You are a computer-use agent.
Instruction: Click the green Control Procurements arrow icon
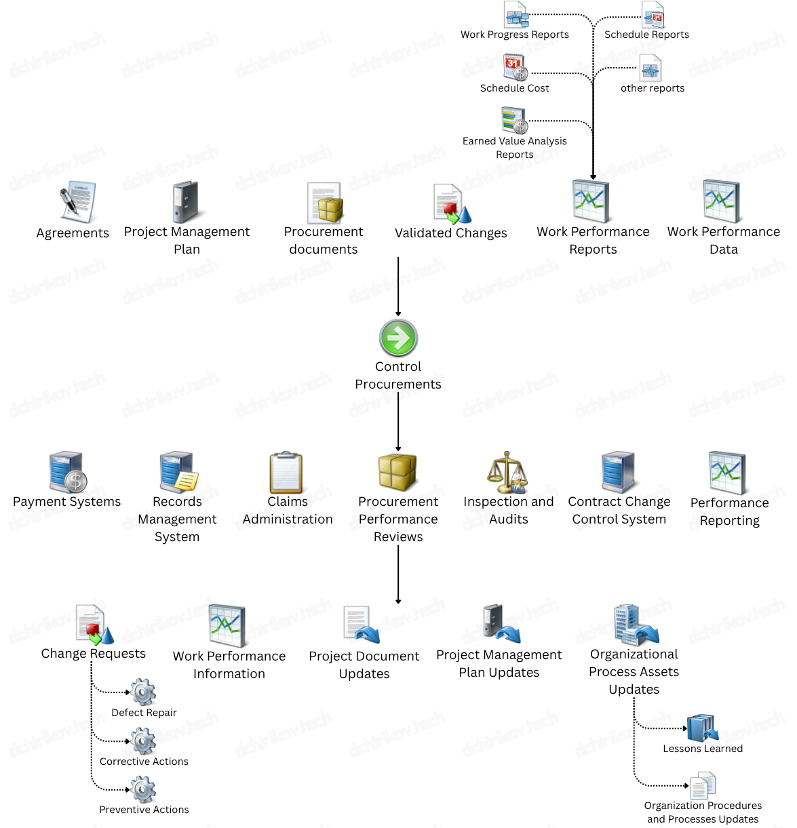point(398,338)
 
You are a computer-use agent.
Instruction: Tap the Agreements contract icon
point(78,202)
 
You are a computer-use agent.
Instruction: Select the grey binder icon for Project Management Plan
point(185,202)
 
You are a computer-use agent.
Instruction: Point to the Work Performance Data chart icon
point(722,201)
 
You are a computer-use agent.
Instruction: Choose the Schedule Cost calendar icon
point(516,68)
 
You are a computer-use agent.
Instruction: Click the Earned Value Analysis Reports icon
point(514,120)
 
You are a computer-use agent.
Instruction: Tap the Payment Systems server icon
point(68,472)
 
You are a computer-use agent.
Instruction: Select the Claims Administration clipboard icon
point(286,473)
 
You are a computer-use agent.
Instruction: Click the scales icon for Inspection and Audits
point(507,472)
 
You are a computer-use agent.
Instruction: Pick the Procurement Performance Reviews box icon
point(397,472)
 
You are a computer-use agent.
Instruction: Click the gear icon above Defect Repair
point(143,692)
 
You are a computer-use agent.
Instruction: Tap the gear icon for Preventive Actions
point(143,789)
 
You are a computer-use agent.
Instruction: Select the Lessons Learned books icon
point(702,728)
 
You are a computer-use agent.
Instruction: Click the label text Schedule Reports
point(646,35)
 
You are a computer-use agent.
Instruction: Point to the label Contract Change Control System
point(619,511)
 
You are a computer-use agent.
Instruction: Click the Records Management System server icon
point(178,472)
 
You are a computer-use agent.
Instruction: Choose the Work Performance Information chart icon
point(227,625)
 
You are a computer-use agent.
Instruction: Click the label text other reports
point(652,88)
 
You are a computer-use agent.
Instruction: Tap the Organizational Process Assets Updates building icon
point(635,625)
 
